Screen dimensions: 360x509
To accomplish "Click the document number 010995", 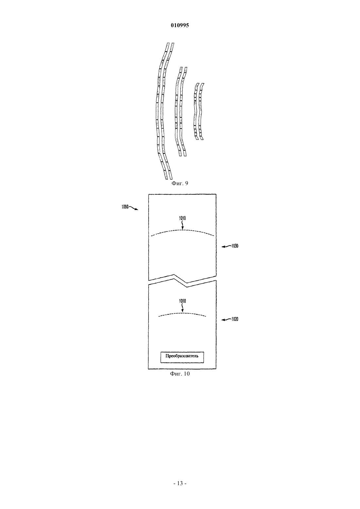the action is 180,25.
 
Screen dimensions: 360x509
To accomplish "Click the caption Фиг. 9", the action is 180,184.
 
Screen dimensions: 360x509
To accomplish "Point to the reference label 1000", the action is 125,207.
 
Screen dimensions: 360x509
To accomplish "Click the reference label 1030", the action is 235,246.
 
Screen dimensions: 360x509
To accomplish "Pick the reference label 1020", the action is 235,319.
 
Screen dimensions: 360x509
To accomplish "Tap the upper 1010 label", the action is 182,219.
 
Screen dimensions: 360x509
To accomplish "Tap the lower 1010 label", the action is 182,301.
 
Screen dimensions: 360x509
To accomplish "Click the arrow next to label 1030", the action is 226,247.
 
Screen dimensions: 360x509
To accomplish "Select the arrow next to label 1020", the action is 226,320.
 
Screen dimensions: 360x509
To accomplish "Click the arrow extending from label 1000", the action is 134,208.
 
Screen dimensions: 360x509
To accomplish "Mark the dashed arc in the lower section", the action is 182,313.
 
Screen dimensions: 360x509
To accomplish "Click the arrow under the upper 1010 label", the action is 182,225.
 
